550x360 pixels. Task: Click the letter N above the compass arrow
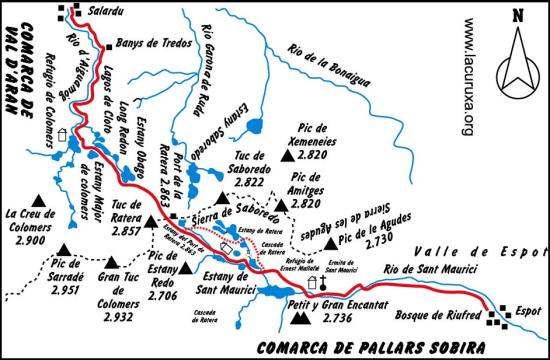click(516, 15)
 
